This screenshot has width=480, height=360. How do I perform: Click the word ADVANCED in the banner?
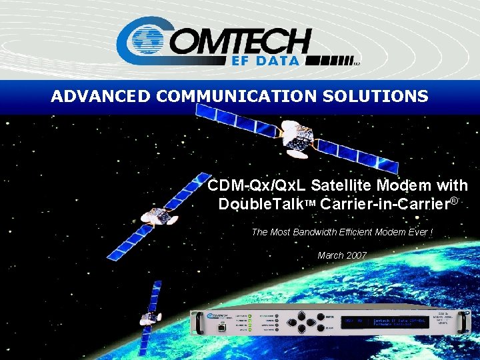pos(101,97)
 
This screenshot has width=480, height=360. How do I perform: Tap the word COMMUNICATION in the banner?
pos(237,97)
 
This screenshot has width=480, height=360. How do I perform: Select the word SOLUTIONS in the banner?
pos(375,97)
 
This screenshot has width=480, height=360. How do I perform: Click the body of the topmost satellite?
pos(294,137)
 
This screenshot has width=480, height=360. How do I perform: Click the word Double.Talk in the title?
pos(261,203)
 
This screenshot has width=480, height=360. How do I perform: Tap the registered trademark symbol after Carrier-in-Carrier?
pos(455,200)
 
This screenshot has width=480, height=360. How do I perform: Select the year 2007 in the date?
pos(357,255)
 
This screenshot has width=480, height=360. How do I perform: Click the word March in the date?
pos(331,255)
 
